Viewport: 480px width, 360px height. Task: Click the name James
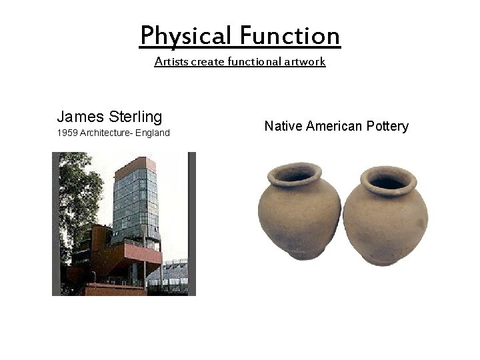(x=79, y=117)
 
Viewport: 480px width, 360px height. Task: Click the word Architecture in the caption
(x=105, y=133)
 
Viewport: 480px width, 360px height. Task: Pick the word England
(x=153, y=133)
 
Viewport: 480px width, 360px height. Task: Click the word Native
(x=282, y=126)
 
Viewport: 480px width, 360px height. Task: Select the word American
(x=335, y=126)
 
